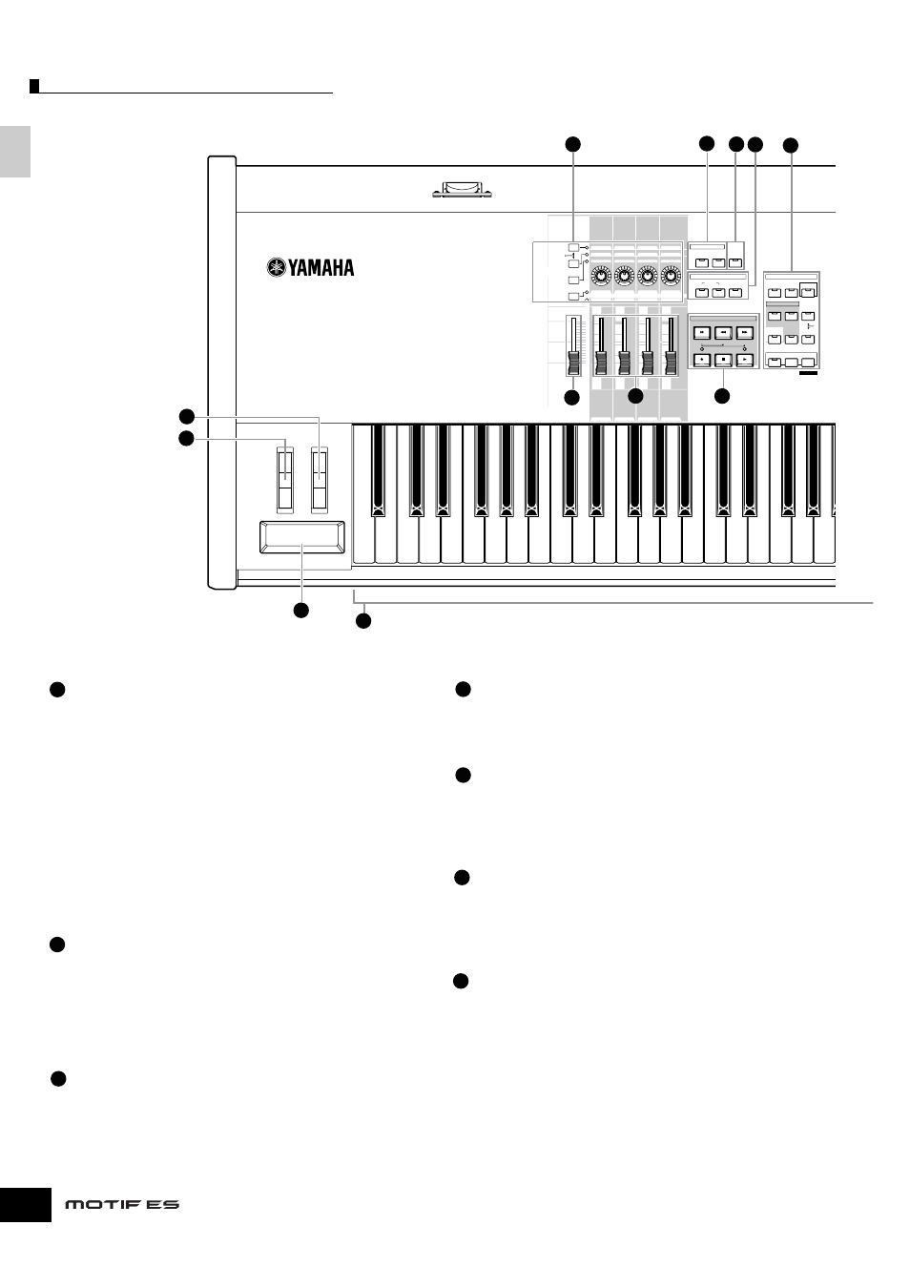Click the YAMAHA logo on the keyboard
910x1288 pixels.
[x=310, y=268]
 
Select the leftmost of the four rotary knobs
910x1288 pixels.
[x=601, y=277]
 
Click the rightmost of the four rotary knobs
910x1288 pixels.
[x=670, y=277]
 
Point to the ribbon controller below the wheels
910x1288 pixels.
[x=302, y=537]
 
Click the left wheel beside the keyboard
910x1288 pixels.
[x=285, y=479]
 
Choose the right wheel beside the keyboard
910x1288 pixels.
[x=320, y=479]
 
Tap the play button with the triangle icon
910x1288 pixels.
[x=745, y=360]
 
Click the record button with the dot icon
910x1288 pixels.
[x=702, y=360]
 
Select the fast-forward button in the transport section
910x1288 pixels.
[x=745, y=332]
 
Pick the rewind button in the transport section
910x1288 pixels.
[x=723, y=332]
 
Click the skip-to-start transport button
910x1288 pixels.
[x=702, y=332]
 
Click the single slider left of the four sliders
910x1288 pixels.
[x=573, y=346]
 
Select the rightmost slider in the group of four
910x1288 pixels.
[x=671, y=346]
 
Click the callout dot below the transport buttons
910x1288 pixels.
[x=722, y=396]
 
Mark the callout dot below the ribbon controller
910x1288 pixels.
[x=301, y=611]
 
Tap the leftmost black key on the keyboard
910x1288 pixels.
[x=379, y=470]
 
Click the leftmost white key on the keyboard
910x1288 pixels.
[x=363, y=494]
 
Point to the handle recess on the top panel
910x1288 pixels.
[x=462, y=190]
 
